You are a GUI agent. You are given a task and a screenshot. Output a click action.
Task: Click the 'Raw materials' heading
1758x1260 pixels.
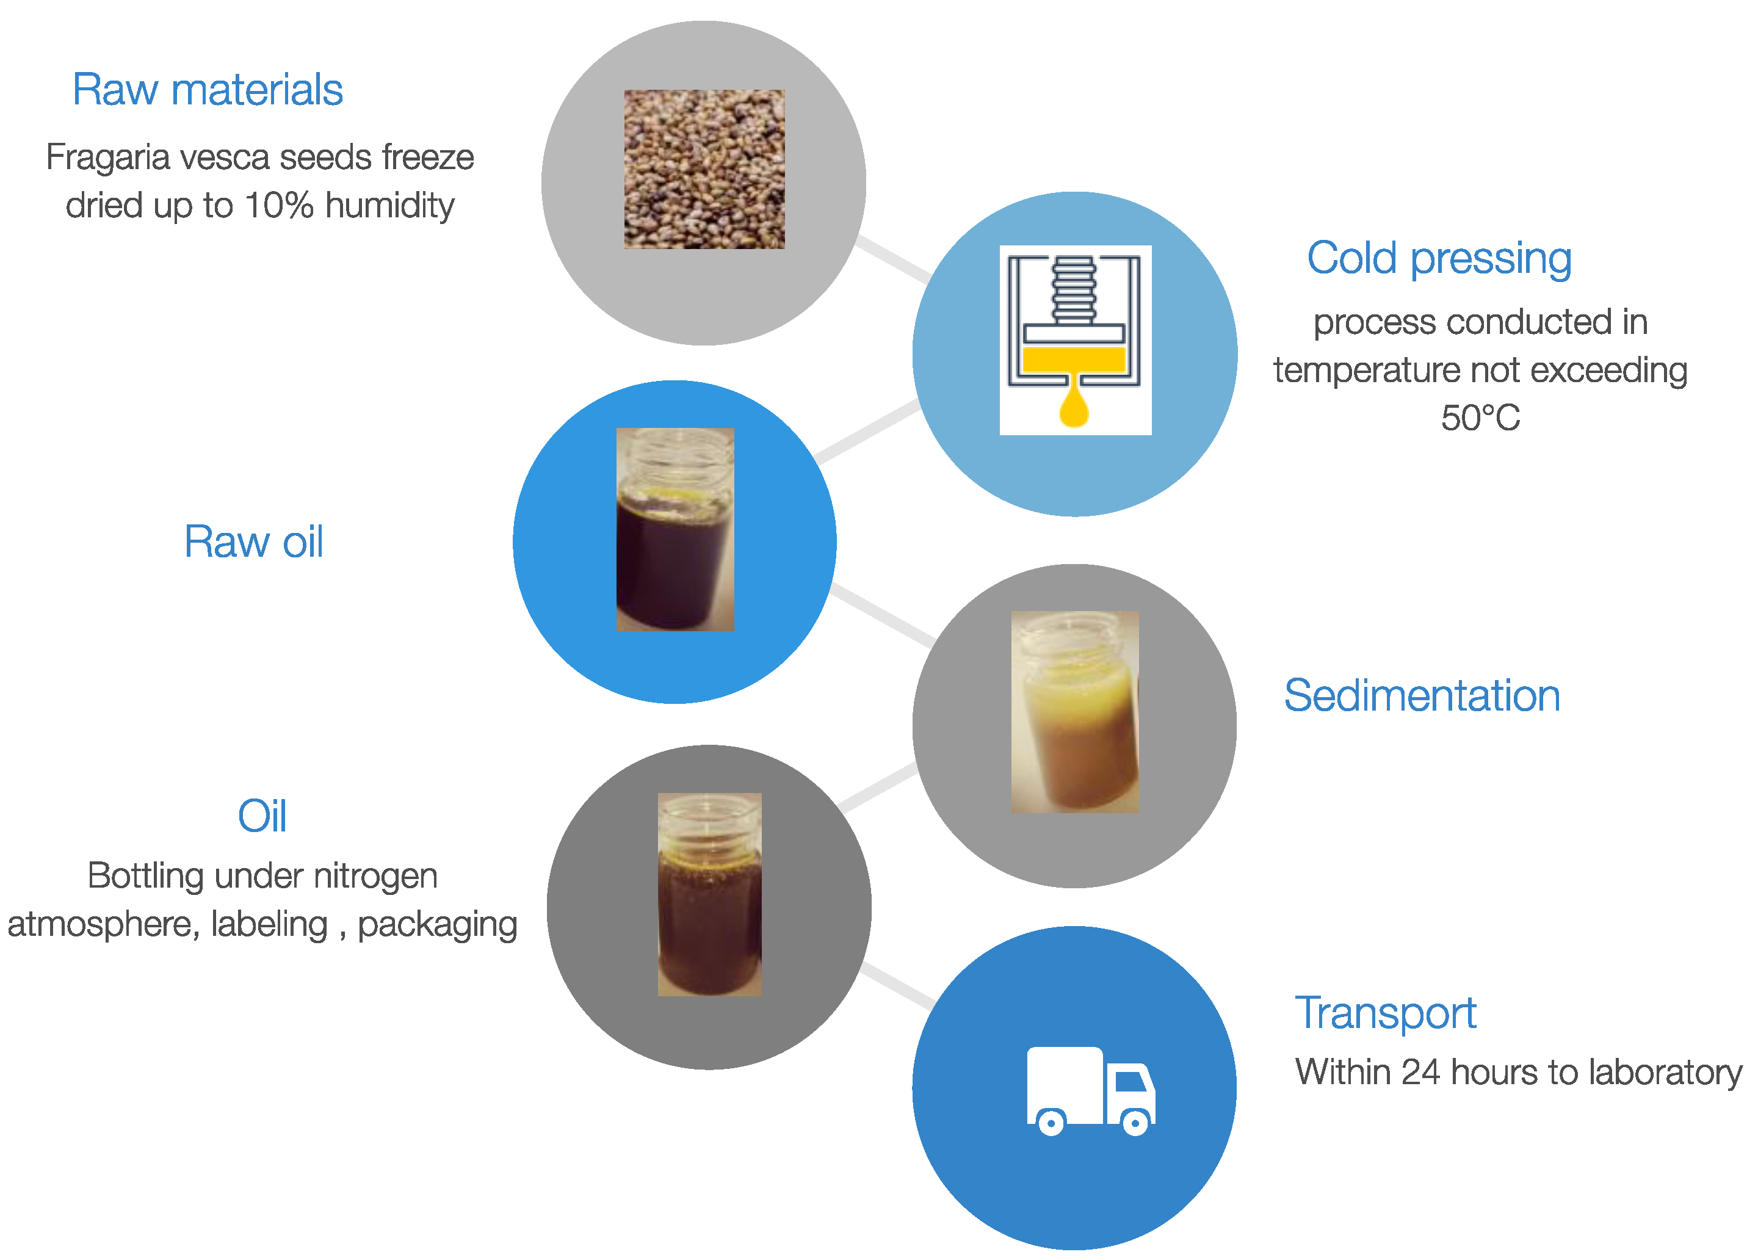207,89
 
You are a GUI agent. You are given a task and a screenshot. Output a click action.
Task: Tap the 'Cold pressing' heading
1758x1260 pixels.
1439,258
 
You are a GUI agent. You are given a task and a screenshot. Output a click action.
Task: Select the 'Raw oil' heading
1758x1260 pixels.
253,541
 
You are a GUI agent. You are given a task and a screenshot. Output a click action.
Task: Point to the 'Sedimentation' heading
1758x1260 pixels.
1422,695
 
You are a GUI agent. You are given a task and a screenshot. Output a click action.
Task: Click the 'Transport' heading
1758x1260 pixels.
1386,1013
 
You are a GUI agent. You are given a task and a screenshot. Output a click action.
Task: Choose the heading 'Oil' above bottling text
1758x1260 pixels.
262,816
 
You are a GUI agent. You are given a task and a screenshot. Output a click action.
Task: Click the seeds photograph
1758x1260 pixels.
704,169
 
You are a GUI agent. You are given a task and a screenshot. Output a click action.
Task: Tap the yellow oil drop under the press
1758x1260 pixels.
1074,401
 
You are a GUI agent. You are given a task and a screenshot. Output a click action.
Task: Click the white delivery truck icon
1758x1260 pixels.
1091,1091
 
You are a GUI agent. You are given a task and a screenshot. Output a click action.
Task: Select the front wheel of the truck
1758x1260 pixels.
1135,1122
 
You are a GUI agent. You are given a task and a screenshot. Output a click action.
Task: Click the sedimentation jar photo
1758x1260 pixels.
1075,712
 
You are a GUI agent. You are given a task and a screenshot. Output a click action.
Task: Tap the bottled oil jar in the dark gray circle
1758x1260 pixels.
710,894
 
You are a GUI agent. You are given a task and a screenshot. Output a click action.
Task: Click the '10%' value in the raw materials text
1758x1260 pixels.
279,206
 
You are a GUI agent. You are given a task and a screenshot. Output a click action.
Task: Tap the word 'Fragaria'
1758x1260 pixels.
108,158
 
